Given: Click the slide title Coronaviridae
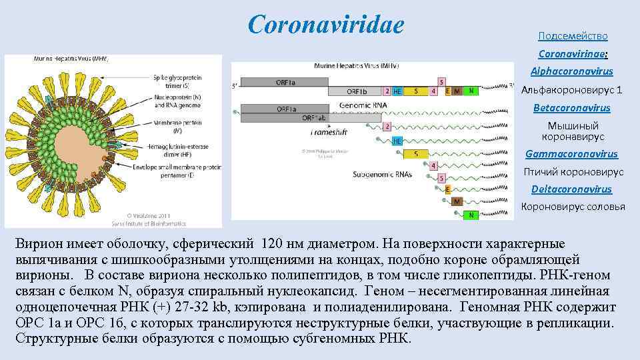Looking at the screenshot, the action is pos(325,25).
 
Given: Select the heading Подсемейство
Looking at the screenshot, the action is pos(573,36).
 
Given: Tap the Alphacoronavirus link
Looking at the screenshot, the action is pos(572,71).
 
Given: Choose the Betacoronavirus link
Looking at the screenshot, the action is pos(572,107).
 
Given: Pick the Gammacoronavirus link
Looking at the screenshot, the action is pos(571,154).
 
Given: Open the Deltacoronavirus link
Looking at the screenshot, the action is pos(571,189).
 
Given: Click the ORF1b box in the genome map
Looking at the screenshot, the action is pos(357,91).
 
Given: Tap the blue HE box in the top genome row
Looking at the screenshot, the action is pos(397,91).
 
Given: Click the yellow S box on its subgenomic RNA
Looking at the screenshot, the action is pos(417,154).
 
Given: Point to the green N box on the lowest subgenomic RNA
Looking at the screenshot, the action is pos(471,215).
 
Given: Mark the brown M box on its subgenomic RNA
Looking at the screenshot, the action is pos(457,201).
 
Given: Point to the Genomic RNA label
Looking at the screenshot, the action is pos(364,105).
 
